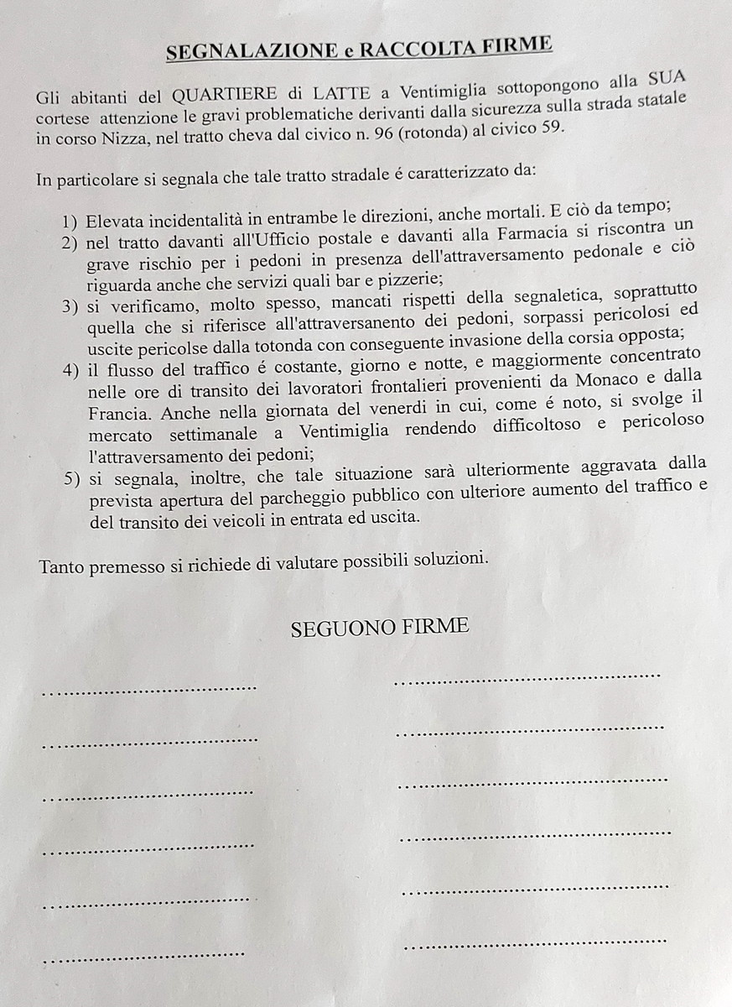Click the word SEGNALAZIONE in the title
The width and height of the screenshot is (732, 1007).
coord(252,50)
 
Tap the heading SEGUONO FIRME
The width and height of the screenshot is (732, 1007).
coord(380,628)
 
